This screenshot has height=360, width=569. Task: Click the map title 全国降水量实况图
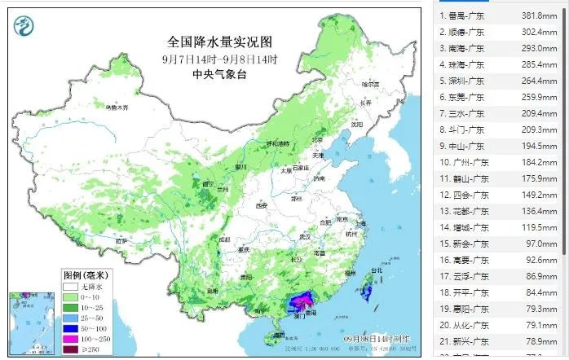pyautogui.click(x=218, y=42)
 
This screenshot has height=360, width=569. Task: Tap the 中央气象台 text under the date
pyautogui.click(x=218, y=74)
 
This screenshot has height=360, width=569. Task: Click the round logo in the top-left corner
pyautogui.click(x=24, y=29)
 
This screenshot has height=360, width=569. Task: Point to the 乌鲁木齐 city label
pyautogui.click(x=117, y=107)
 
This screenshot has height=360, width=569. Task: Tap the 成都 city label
pyautogui.click(x=224, y=239)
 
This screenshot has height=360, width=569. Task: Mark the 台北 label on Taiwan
pyautogui.click(x=376, y=271)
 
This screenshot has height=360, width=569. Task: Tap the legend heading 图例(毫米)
pyautogui.click(x=89, y=274)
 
